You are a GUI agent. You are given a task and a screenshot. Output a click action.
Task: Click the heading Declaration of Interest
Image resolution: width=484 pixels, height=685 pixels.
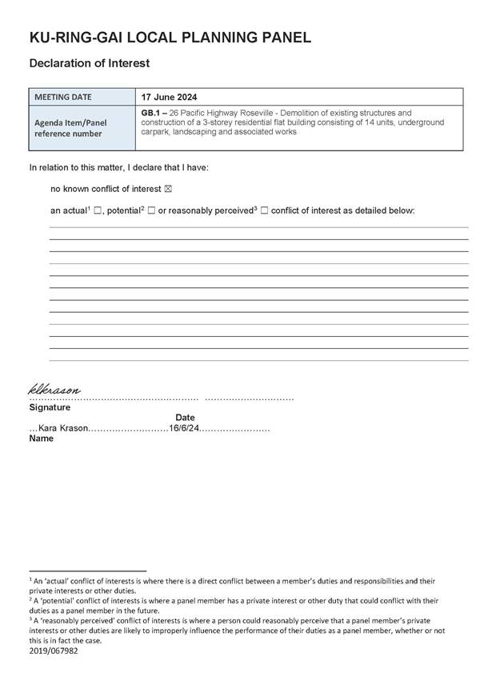pos(89,62)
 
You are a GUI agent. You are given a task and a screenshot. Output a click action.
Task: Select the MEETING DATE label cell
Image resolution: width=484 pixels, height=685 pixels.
pos(74,97)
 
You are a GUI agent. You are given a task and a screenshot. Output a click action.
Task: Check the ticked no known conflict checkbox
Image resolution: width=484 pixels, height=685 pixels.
pos(167,190)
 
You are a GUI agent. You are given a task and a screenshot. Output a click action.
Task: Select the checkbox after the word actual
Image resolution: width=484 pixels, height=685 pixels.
pos(98,210)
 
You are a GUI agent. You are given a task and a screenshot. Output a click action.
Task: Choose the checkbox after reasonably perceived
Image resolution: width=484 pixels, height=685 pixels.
pos(264,210)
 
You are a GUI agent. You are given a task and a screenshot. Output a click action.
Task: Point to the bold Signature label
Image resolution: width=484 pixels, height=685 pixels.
pos(50,407)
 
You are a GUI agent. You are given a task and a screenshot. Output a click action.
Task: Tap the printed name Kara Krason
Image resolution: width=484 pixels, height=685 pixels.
pos(63,428)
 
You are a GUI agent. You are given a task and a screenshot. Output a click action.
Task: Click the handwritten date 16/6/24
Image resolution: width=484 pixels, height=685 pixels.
pos(183,428)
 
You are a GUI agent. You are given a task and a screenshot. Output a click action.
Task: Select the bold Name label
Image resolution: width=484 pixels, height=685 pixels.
pos(42,439)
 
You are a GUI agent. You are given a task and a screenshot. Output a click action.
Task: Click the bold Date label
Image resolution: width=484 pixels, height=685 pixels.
pos(185,418)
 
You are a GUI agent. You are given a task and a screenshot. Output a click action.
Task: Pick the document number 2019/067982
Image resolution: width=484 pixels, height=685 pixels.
pos(53,651)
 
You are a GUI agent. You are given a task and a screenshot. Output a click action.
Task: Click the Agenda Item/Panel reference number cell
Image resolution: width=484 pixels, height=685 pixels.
pos(70,128)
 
